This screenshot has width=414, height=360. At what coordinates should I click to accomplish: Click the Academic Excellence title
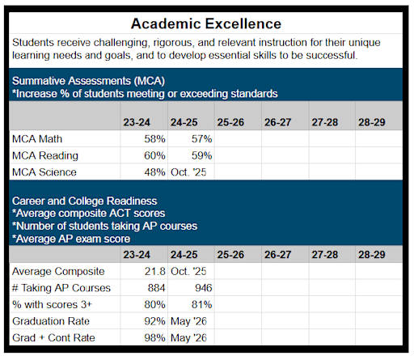coord(206,23)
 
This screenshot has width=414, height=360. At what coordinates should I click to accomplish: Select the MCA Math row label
coord(39,138)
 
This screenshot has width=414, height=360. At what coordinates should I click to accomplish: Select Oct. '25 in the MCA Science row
coord(191,172)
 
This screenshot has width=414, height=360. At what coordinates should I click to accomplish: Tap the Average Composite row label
coord(57,271)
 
